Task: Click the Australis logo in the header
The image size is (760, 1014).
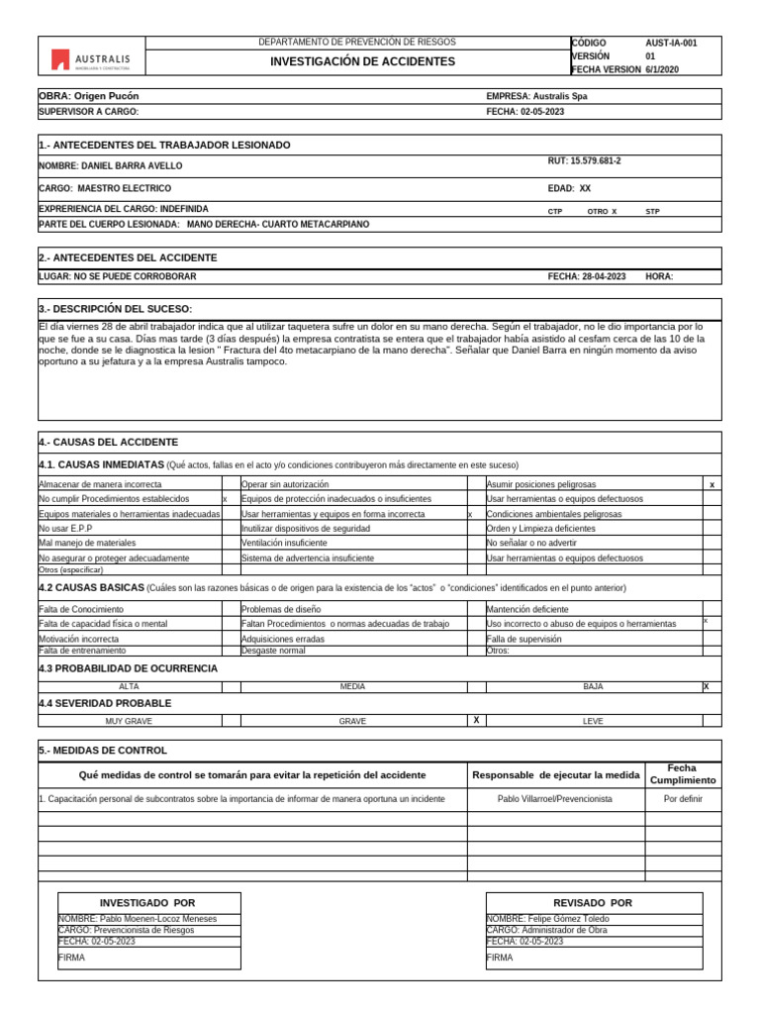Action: click(91, 61)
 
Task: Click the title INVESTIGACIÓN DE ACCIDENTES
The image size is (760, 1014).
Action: click(363, 61)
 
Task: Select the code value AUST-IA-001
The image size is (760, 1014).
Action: click(671, 44)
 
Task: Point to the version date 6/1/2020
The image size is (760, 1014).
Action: click(663, 70)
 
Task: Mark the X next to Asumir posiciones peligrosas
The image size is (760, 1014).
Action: click(712, 485)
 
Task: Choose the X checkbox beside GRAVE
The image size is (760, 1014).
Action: click(476, 721)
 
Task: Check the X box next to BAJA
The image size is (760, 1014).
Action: click(707, 686)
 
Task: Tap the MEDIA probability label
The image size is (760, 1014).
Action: click(353, 686)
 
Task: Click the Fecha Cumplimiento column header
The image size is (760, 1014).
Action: click(682, 774)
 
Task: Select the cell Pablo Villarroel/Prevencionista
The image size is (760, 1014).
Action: click(554, 798)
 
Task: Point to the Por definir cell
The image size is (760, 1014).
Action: click(683, 798)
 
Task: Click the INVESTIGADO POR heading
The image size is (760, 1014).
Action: click(148, 903)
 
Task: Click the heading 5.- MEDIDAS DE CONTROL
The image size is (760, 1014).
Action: click(103, 751)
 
